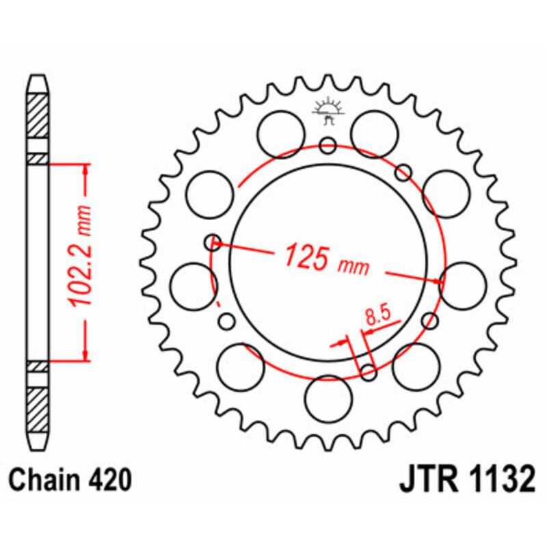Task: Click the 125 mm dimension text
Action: click(x=326, y=258)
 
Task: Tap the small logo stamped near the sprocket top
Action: click(x=328, y=111)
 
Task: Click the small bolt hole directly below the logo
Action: click(x=328, y=145)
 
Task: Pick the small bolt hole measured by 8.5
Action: click(x=369, y=372)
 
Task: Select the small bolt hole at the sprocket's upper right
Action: click(x=405, y=171)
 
